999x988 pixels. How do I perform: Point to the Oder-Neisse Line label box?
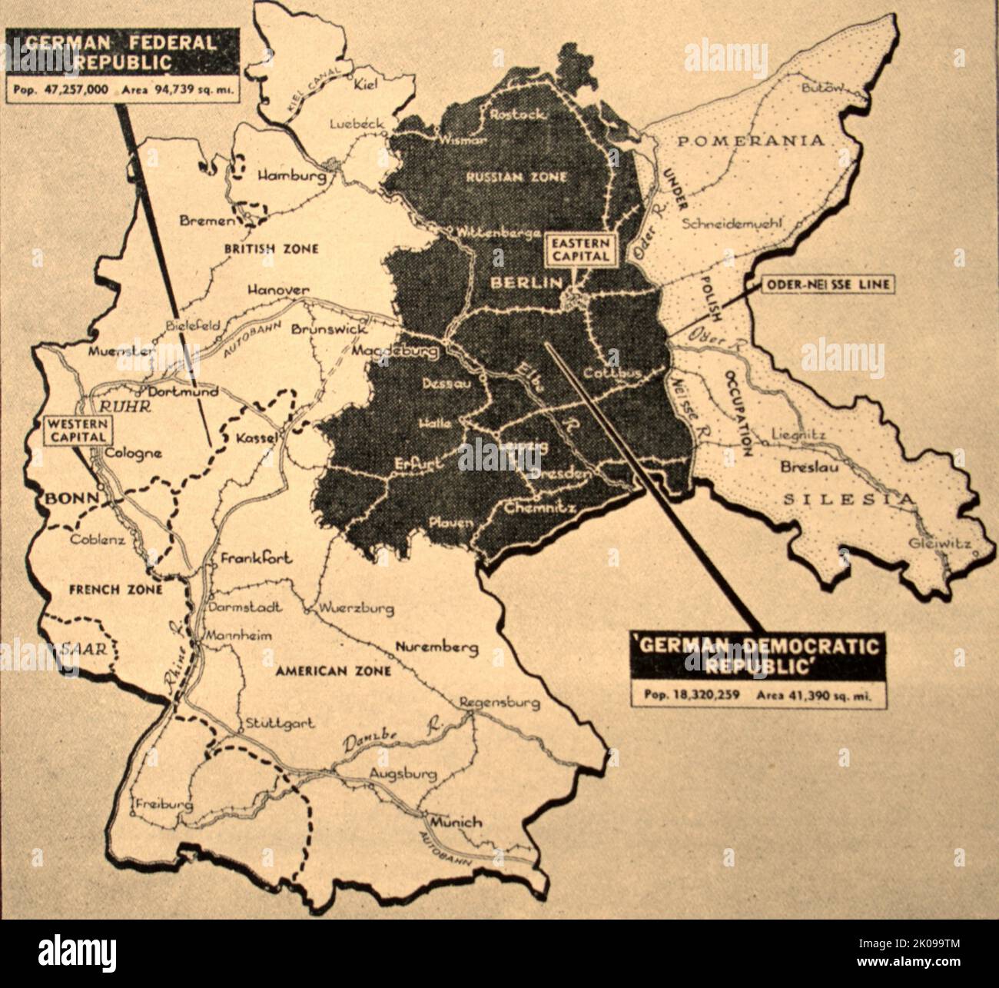pyautogui.click(x=828, y=284)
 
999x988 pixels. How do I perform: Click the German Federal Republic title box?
pyautogui.click(x=121, y=52)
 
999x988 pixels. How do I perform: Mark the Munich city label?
pyautogui.click(x=456, y=822)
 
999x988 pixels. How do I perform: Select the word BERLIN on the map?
pyautogui.click(x=527, y=283)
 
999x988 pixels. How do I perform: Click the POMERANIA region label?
pyautogui.click(x=752, y=141)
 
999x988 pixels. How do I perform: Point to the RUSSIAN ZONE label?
pyautogui.click(x=516, y=177)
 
